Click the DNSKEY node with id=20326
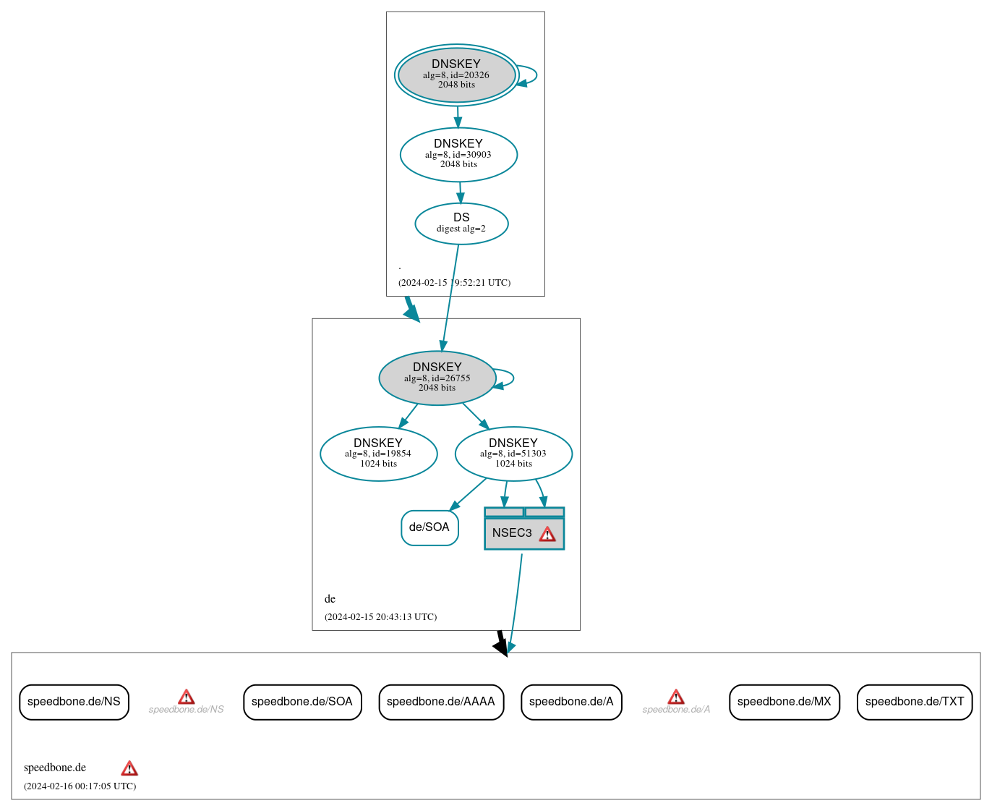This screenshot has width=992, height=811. click(456, 75)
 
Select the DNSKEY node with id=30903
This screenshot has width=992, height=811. click(458, 154)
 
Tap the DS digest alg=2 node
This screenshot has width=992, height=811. click(461, 224)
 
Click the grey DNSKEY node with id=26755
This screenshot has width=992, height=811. click(437, 378)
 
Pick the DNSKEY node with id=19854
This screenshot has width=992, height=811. click(378, 454)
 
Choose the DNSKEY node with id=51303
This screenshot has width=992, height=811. click(513, 454)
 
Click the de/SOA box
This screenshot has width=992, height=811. click(429, 527)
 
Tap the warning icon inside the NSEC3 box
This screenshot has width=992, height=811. click(547, 534)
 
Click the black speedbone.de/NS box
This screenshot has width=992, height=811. click(74, 702)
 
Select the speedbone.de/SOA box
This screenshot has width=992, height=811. click(302, 702)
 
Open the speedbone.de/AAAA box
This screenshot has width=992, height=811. click(441, 702)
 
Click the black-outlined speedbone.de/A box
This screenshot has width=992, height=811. click(571, 702)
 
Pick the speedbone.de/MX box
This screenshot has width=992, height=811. click(784, 702)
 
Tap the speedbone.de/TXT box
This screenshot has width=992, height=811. click(915, 702)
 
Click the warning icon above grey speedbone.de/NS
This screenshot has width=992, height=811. click(186, 697)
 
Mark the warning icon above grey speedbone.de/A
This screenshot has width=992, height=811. click(676, 697)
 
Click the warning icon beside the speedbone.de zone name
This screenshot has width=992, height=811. click(129, 768)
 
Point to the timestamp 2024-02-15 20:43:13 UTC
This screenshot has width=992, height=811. click(380, 617)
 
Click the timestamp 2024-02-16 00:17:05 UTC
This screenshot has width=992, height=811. click(80, 786)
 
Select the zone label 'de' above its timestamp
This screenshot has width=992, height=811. click(330, 599)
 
